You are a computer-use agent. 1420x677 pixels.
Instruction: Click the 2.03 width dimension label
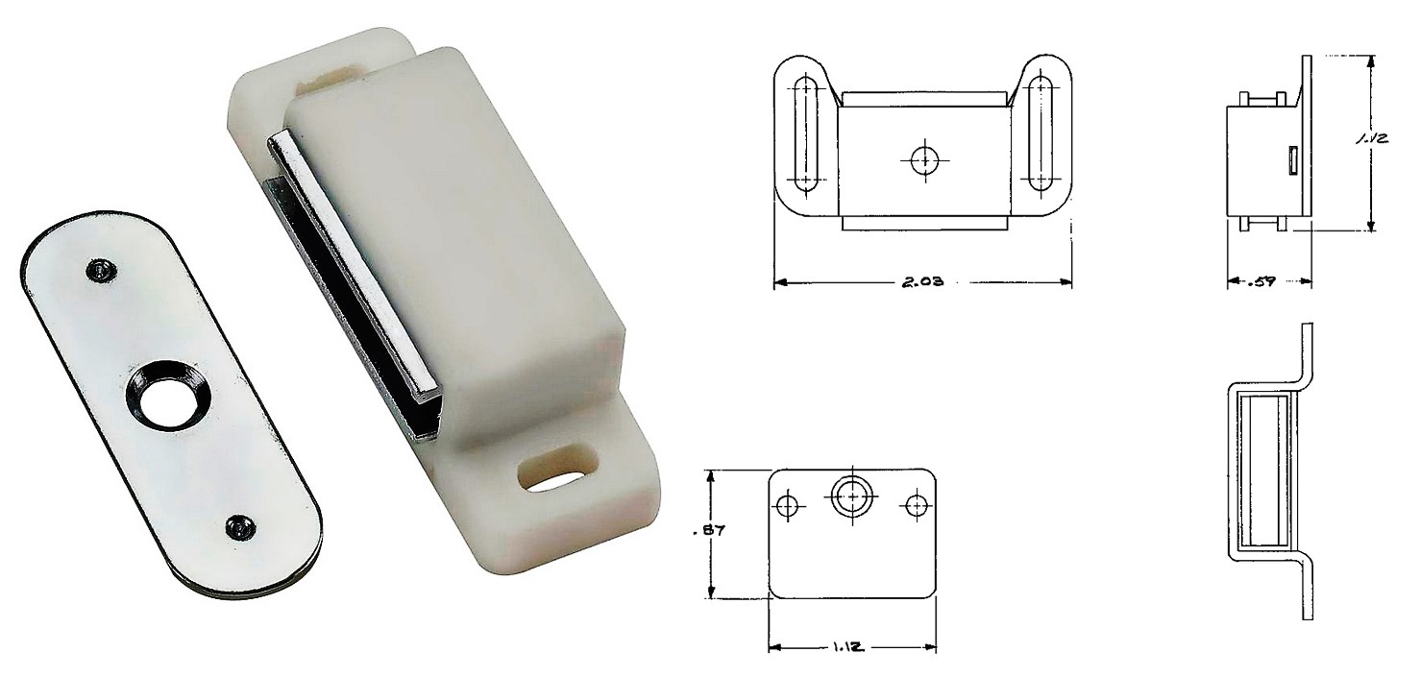click(x=922, y=281)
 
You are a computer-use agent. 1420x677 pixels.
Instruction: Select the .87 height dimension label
click(x=710, y=531)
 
